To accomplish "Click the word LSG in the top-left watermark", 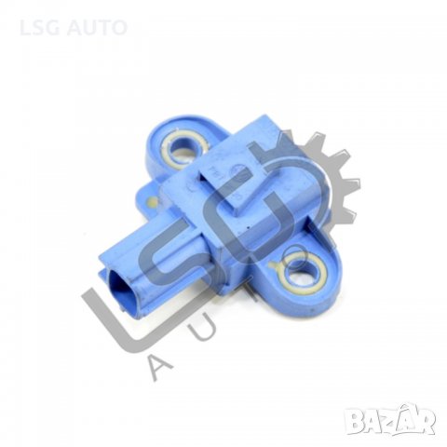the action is click(40, 27).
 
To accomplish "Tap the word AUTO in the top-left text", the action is click(97, 27).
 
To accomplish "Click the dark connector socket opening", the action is click(122, 286).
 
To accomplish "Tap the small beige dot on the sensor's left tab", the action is click(152, 202).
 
